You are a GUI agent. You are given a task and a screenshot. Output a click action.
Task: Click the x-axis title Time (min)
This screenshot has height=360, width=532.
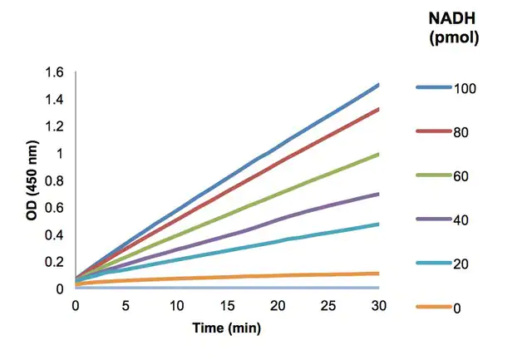tap(227, 328)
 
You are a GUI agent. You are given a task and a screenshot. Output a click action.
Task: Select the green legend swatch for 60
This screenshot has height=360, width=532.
tap(433, 175)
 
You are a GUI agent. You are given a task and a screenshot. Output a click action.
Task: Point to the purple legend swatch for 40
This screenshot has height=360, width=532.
tap(433, 219)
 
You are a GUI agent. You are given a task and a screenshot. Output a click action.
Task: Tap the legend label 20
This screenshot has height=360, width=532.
tap(461, 264)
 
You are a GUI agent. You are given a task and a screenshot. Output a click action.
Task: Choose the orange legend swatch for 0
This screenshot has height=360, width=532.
tap(433, 308)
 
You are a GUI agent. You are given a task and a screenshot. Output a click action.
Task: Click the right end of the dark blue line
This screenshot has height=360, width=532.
tap(378, 85)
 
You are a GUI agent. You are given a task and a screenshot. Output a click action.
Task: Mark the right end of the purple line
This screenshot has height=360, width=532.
tap(378, 194)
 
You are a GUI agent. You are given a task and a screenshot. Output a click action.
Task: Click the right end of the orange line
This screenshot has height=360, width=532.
tap(378, 273)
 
